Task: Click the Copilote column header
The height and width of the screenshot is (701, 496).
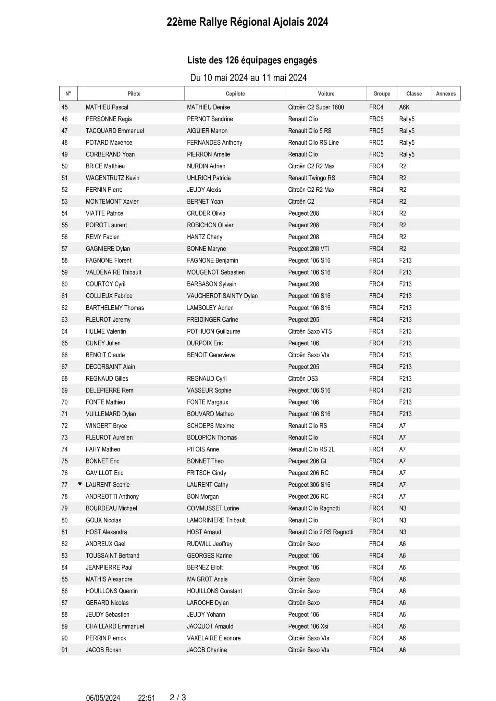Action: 235,93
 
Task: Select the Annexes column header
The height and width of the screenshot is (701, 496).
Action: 446,93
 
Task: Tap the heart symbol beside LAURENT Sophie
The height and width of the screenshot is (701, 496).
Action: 80,484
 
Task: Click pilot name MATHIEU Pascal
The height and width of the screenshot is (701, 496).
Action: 107,107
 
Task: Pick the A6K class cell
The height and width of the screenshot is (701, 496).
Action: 404,107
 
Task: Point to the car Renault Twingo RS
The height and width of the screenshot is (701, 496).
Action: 311,178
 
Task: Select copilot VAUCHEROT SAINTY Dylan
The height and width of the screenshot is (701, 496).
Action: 222,296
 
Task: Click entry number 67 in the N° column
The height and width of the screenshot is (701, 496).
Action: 64,367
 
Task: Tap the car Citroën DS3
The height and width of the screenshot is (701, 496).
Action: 303,379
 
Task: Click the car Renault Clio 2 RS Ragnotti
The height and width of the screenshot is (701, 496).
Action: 321,532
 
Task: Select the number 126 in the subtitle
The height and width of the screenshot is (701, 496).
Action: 232,60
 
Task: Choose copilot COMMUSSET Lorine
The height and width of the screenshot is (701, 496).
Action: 213,508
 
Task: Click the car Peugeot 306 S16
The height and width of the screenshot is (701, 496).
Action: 309,485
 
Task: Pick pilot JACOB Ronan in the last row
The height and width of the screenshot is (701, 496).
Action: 103,650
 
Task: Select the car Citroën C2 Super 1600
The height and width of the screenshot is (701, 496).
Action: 316,107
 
